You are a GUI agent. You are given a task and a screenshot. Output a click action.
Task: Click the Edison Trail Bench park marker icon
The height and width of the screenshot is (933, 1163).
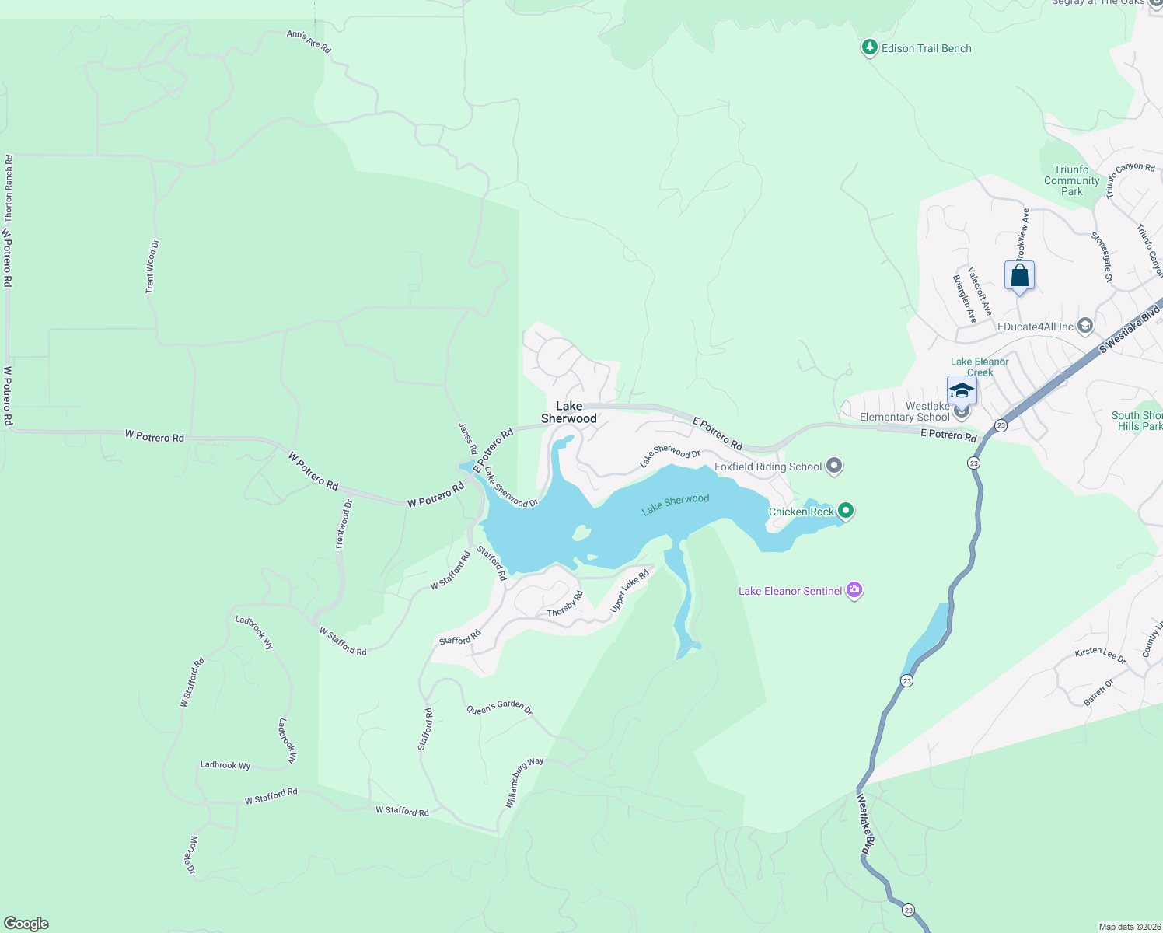coord(870,48)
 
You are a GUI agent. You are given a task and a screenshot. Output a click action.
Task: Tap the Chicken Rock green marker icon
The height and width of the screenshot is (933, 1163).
coord(846,511)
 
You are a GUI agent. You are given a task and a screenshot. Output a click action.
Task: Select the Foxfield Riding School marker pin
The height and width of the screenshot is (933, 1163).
coord(834,466)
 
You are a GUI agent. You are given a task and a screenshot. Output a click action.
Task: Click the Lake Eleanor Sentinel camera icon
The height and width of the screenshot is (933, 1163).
coord(854,591)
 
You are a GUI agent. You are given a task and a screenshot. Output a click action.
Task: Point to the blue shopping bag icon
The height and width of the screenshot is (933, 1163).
coord(1019,276)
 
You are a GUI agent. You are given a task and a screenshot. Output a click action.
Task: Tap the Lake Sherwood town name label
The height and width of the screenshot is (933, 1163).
coord(569,412)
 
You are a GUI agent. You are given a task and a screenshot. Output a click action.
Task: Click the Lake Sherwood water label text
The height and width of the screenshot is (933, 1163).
coord(676,505)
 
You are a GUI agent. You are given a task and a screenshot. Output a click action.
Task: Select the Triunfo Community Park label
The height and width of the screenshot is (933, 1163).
coord(1071,180)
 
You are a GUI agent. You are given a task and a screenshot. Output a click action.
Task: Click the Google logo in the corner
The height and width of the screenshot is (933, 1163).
coord(26,924)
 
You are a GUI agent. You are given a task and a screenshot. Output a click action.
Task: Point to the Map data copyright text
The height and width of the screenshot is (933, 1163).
coord(1129,927)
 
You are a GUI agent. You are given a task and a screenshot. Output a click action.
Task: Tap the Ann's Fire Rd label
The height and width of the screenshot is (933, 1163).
coord(309,42)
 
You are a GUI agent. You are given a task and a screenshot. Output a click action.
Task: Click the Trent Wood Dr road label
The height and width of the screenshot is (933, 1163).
coord(152,267)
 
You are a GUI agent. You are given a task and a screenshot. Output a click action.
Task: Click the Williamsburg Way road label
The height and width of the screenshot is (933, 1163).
coord(524,782)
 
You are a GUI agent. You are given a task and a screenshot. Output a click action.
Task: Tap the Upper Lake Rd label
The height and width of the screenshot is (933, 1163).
coord(630,591)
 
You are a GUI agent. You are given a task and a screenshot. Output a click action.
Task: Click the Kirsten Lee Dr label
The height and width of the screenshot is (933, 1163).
coord(1100,655)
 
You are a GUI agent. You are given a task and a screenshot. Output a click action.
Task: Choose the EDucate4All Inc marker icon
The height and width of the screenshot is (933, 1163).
coord(1086,326)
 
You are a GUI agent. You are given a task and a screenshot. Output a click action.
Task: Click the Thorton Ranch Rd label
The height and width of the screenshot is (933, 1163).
coord(9,188)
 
